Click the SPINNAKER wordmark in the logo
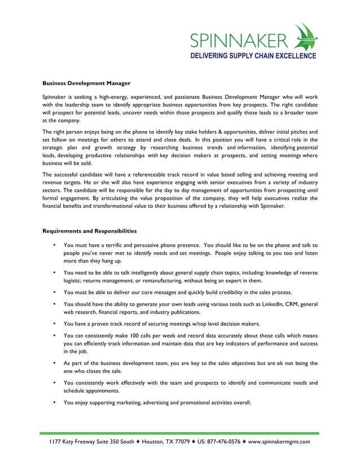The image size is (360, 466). (x=238, y=41)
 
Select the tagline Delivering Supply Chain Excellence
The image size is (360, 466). (x=252, y=56)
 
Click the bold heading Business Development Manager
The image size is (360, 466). (x=87, y=83)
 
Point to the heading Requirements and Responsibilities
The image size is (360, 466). (x=89, y=231)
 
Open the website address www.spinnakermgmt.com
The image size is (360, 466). (x=279, y=442)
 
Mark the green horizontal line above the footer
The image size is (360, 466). (x=179, y=433)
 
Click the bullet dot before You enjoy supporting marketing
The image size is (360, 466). (x=54, y=403)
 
